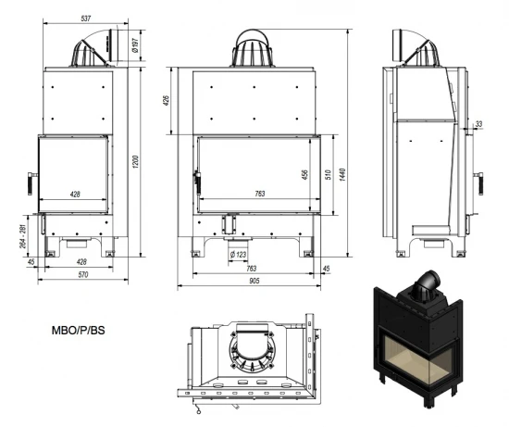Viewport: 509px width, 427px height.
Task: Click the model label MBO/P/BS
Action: (80, 331)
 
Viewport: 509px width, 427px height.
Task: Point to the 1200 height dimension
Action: (136, 162)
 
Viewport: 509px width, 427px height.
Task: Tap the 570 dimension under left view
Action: (81, 275)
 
